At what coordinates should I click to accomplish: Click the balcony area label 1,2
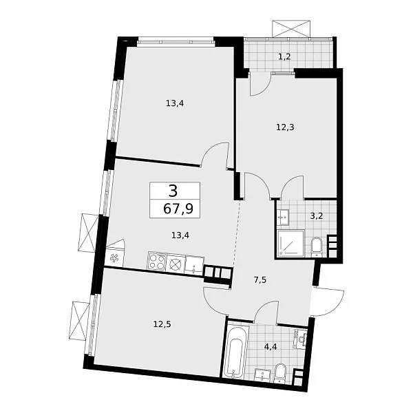[x=284, y=56]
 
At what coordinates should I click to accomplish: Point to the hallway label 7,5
[x=260, y=280]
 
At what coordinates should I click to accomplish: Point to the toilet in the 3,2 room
[x=316, y=246]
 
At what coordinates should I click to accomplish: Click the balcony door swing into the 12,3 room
[x=260, y=85]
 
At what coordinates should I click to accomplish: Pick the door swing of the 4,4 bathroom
[x=264, y=312]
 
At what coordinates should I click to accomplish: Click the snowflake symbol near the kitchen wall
[x=115, y=260]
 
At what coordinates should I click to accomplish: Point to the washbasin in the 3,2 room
[x=285, y=216]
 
